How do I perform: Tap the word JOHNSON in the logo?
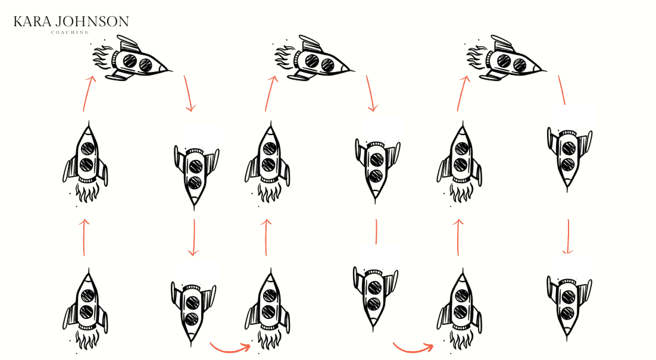(92, 22)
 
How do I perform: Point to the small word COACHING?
(70, 32)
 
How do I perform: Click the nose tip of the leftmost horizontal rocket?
(172, 70)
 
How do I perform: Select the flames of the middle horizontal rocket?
(285, 57)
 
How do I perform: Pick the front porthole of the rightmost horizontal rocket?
(520, 65)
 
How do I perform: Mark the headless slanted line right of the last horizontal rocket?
(561, 90)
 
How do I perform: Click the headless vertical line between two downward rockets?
(376, 231)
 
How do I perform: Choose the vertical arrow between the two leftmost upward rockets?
(85, 237)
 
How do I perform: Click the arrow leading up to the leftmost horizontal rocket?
(88, 93)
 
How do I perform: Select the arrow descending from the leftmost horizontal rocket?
(188, 93)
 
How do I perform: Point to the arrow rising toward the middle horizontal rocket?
(270, 93)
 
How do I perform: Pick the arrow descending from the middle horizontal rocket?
(371, 93)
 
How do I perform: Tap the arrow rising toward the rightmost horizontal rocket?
(463, 93)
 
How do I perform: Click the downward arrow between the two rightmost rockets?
(568, 237)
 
